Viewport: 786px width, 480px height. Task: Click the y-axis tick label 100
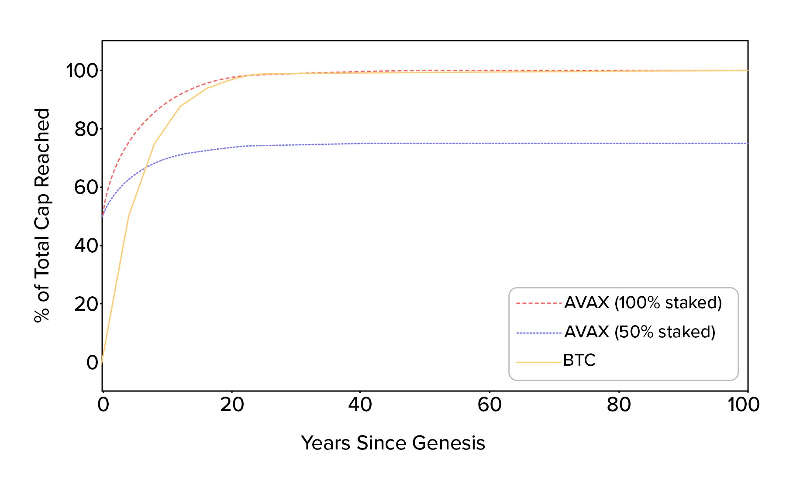point(83,71)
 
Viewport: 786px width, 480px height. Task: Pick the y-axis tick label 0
point(93,363)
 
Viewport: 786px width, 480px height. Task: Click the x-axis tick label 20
point(232,405)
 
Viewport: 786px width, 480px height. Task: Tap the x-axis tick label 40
point(360,405)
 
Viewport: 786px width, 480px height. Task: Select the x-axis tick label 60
point(490,405)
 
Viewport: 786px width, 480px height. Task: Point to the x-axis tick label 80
point(619,405)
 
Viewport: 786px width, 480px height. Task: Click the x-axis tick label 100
point(743,405)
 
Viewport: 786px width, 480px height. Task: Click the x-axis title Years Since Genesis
point(393,443)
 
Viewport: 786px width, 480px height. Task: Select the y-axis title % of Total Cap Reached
point(42,215)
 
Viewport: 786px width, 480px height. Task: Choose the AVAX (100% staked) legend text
point(643,302)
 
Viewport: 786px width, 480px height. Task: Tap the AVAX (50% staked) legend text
point(640,332)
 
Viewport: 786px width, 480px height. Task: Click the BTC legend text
point(579,360)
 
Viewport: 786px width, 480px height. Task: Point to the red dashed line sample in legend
point(538,303)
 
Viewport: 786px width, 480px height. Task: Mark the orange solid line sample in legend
point(538,362)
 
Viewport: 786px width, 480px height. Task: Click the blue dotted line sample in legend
point(538,333)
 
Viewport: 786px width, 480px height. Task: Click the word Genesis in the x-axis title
point(448,443)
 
